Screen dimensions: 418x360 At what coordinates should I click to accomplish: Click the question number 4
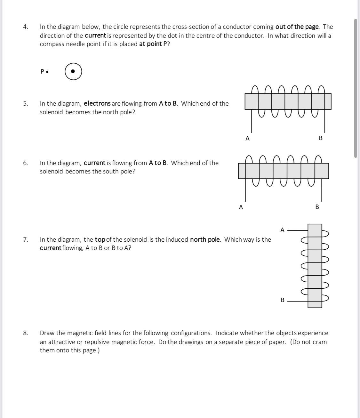[x=25, y=27]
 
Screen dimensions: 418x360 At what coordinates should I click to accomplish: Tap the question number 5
[x=25, y=104]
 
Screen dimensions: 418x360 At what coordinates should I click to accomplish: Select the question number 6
[x=25, y=163]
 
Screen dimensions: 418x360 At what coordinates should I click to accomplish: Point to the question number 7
[x=25, y=240]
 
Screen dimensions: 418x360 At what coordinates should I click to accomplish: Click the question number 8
[x=25, y=333]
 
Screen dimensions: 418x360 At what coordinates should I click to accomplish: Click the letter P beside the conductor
[x=42, y=72]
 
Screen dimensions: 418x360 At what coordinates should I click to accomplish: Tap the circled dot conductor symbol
[x=73, y=72]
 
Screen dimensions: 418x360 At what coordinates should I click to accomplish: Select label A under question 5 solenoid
[x=247, y=139]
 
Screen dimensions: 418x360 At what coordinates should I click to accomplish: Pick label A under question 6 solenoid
[x=241, y=207]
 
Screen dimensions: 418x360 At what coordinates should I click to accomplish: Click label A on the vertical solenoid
[x=282, y=230]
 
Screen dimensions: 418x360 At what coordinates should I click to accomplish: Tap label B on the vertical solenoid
[x=282, y=300]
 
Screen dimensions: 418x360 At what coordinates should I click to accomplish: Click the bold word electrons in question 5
[x=97, y=104]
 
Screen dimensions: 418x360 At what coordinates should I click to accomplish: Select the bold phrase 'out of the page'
[x=297, y=27]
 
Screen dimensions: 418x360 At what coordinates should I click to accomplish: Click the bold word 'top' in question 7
[x=100, y=240]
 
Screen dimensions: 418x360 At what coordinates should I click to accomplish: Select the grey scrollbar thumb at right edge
[x=356, y=88]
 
